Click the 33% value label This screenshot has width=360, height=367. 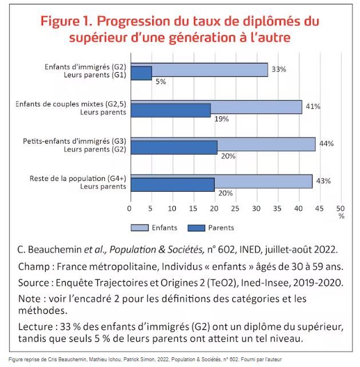coord(279,69)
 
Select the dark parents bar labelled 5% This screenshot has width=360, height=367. coord(141,73)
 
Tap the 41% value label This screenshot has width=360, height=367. coord(313,106)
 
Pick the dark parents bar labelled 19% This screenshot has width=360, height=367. coord(171,111)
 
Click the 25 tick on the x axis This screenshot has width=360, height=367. coord(235,208)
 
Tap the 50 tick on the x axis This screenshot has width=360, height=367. coord(341,208)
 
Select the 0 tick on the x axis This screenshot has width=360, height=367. coord(129,208)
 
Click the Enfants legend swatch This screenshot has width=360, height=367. coord(140,228)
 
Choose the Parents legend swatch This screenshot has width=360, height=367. coord(196,228)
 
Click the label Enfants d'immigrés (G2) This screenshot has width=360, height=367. coord(85,67)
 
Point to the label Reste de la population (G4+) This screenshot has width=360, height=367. coord(78,179)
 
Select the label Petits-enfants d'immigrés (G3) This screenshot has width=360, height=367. coord(74,141)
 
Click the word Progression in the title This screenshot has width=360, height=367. coord(133,22)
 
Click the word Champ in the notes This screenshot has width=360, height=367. coord(34,267)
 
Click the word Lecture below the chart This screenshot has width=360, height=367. coord(35,327)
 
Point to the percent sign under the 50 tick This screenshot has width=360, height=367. coord(342,216)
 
